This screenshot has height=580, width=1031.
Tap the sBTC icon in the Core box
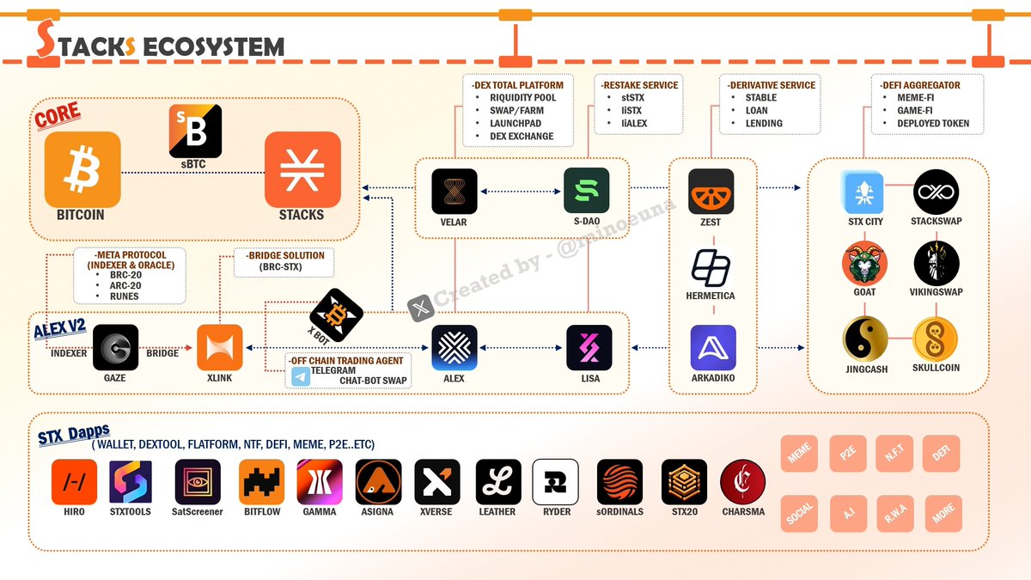195,131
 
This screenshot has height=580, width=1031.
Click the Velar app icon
454,191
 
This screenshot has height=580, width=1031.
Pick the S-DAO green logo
587,191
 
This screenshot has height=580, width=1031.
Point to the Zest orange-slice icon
711,191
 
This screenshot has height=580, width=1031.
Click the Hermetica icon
711,267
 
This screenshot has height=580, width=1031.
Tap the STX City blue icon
864,191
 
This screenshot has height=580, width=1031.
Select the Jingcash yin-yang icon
865,339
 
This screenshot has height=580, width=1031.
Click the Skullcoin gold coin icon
936,339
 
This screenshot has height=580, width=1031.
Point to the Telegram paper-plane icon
301,375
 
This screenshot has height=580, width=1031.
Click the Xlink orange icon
220,347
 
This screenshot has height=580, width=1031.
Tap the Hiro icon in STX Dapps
75,482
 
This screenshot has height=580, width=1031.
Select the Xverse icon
437,482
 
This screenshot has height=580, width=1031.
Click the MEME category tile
799,454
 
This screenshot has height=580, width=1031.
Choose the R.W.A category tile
894,514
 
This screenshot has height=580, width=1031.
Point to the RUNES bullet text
124,296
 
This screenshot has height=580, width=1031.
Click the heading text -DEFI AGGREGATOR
919,85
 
